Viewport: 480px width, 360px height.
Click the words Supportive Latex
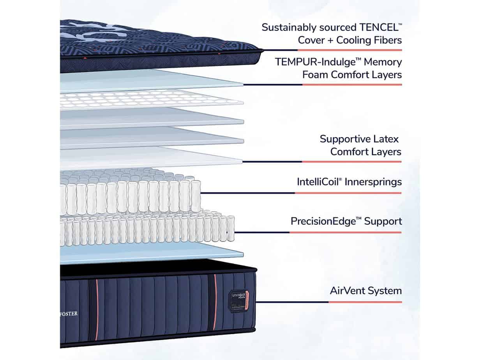[x=359, y=139]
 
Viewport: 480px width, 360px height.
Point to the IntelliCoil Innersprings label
[x=349, y=182]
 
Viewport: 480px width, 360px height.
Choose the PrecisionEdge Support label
[x=346, y=221]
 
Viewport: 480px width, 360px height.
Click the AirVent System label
[x=365, y=291]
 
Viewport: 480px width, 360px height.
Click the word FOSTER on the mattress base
[x=69, y=314]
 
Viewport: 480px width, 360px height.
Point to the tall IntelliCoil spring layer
[x=129, y=195]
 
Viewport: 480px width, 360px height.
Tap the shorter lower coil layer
[x=148, y=232]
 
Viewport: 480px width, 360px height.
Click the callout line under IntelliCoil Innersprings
[x=300, y=192]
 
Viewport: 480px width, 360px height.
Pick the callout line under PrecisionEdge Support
[x=318, y=233]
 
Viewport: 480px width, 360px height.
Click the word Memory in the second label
[x=383, y=62]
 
